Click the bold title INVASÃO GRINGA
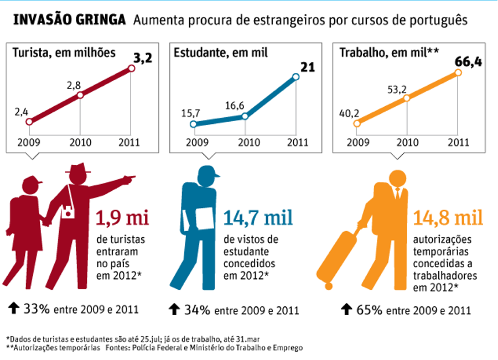pyautogui.click(x=69, y=20)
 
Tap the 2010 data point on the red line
pyautogui.click(x=80, y=95)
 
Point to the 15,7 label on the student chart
pyautogui.click(x=190, y=113)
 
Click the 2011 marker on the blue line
pyautogui.click(x=295, y=77)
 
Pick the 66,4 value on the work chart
pyautogui.click(x=468, y=61)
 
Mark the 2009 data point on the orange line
pyautogui.click(x=356, y=123)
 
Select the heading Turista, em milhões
pyautogui.click(x=64, y=53)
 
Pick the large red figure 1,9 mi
pyautogui.click(x=122, y=217)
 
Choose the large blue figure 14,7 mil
pyautogui.click(x=258, y=217)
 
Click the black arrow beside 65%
pyautogui.click(x=347, y=309)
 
